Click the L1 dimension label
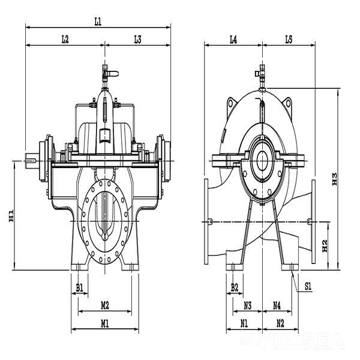click(x=98, y=21)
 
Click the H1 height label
click(x=11, y=216)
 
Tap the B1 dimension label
click(x=80, y=288)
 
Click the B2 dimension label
click(x=235, y=287)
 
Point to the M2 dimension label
click(x=104, y=305)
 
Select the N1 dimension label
click(x=244, y=323)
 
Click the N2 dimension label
click(x=280, y=323)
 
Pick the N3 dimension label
click(x=247, y=305)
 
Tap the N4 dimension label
click(x=277, y=305)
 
